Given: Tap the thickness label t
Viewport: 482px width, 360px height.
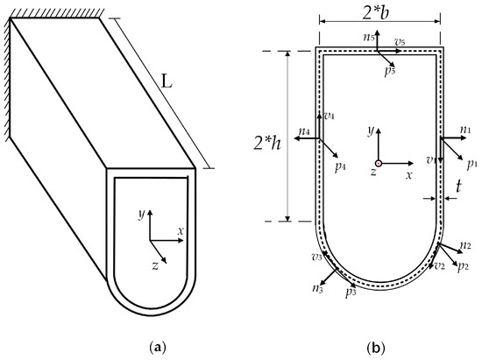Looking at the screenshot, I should click(457, 185).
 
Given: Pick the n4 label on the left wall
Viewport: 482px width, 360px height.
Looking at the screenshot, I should click(303, 132).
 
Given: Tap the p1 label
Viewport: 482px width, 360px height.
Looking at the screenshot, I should click(471, 163).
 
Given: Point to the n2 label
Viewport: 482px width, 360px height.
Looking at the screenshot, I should click(465, 245).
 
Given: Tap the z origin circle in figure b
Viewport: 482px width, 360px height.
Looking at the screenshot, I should click(378, 163).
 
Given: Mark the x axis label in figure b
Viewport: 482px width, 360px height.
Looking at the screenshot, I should click(409, 175).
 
